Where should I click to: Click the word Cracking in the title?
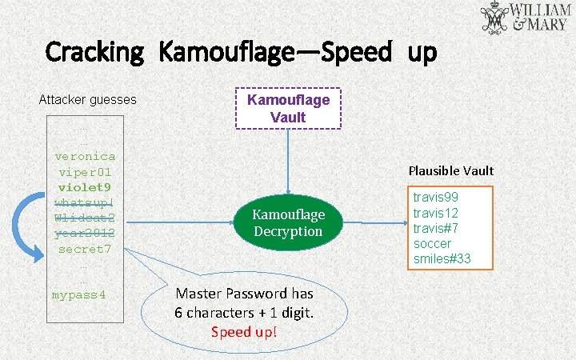coord(95,54)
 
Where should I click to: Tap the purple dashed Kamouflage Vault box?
coord(288,108)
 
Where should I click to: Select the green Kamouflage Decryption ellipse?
coord(288,222)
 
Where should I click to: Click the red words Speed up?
coord(244,331)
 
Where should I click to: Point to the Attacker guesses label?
coord(87,100)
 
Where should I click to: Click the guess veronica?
coord(85,156)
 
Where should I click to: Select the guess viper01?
coord(85,172)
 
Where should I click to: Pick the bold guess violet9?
coord(85,187)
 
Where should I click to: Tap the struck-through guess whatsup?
coord(85,202)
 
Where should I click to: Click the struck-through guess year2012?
coord(85,233)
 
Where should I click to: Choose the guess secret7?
coord(85,249)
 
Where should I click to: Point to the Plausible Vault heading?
coord(451,170)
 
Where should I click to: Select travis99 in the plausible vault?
coord(436,197)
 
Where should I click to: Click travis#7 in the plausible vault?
coord(436,228)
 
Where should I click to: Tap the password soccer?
coord(433,243)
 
